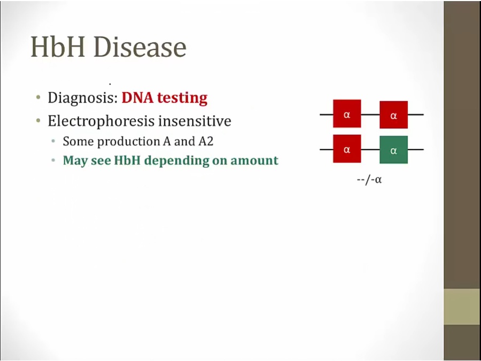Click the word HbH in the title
(x=58, y=47)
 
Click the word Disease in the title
(x=140, y=47)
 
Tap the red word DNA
(x=137, y=98)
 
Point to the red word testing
(x=182, y=98)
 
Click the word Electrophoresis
(x=101, y=121)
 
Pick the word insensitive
(x=195, y=121)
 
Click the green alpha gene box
(x=393, y=150)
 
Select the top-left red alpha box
(x=347, y=113)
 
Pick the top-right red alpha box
(x=393, y=115)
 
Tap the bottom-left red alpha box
(x=347, y=149)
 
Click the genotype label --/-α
(x=369, y=179)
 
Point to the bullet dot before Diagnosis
(x=38, y=98)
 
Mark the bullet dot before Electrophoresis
(x=38, y=121)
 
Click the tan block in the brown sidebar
(x=462, y=306)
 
